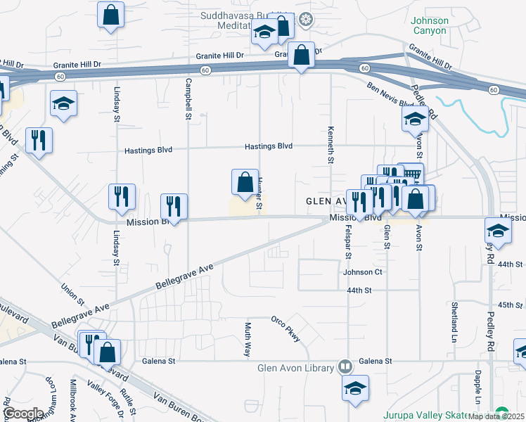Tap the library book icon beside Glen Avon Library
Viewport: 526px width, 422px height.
point(345,366)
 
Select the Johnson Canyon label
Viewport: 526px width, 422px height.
point(429,26)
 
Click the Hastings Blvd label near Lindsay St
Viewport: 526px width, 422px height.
point(148,150)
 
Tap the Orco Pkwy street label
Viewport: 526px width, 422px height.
point(286,328)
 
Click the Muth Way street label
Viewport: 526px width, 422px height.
point(248,339)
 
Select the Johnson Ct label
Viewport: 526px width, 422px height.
point(362,272)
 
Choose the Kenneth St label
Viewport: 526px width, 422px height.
point(330,145)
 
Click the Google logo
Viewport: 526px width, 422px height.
point(23,413)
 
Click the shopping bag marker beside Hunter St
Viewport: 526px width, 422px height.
point(243,183)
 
